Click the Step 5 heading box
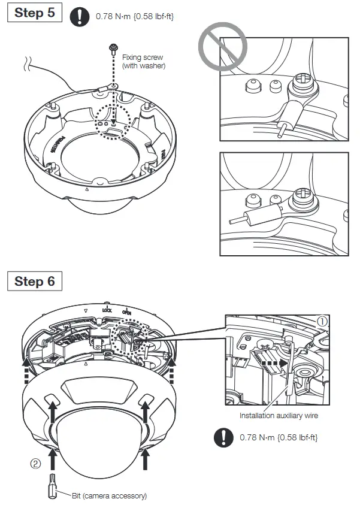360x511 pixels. [35, 14]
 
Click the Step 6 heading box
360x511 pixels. [35, 282]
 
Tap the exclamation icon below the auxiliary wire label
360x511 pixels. [224, 437]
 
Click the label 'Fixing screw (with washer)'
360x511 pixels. [143, 62]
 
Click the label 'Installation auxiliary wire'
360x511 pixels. [279, 415]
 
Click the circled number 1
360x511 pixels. [323, 322]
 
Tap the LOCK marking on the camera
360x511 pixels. [107, 310]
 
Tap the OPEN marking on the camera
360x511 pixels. [127, 312]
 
